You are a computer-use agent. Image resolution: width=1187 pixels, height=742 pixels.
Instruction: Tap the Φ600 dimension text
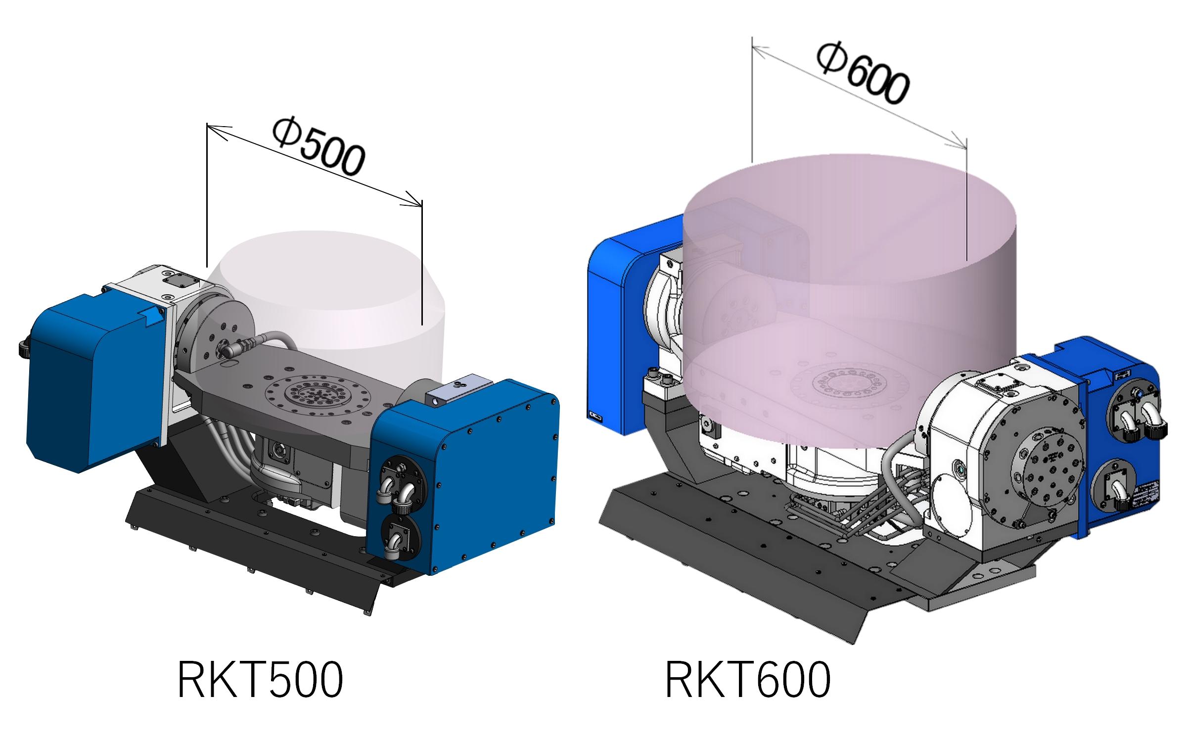[x=863, y=74]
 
